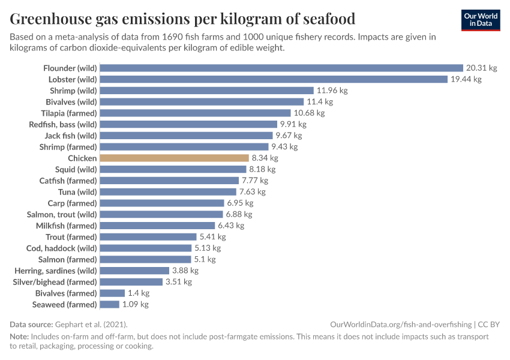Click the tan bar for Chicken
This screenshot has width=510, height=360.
point(174,158)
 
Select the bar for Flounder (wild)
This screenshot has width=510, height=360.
point(281,68)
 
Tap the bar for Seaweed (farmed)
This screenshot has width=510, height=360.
point(109,304)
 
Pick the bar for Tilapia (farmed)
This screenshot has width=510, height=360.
point(195,113)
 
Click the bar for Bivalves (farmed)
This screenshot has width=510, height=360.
point(112,293)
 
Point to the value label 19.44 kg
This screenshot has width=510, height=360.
point(466,79)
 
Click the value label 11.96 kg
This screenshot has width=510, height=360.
point(332,91)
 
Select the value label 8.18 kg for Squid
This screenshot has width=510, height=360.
point(262,169)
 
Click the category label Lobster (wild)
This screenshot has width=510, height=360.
point(73,79)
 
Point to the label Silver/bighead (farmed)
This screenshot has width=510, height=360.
point(55,281)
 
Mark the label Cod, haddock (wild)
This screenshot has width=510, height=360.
point(61,248)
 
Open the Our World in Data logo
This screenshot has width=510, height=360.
point(481,19)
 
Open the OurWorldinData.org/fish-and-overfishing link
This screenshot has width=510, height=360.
point(401,324)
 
